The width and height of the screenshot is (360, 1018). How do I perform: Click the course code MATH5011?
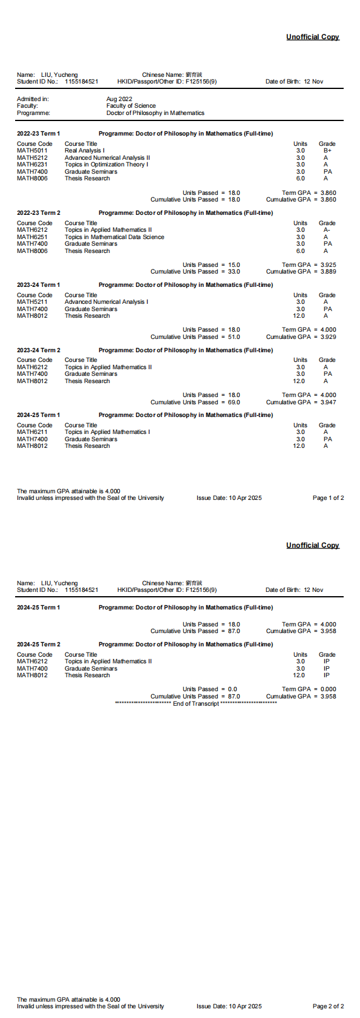pos(32,151)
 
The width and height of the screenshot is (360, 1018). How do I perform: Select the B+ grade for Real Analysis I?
pos(327,151)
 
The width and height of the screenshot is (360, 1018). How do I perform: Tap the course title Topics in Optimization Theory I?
pos(106,165)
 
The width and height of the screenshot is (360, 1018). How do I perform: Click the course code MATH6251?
pos(32,237)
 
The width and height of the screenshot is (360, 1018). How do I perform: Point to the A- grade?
pos(327,230)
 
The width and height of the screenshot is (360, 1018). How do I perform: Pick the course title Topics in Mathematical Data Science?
pos(114,237)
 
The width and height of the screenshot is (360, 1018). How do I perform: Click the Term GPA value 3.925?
pos(328,265)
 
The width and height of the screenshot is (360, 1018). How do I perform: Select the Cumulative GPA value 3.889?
pos(328,272)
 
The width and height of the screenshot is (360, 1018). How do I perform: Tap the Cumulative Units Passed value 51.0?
pos(234,337)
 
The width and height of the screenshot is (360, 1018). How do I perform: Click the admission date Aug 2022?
pos(119,99)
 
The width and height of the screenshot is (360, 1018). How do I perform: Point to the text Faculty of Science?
pos(131,106)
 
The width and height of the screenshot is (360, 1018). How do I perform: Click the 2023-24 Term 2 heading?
pos(39,350)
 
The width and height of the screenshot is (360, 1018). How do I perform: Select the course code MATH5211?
pos(32,302)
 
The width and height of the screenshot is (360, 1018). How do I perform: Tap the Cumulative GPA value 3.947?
pos(328,402)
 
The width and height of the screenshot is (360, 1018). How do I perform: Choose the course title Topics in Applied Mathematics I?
pos(107,432)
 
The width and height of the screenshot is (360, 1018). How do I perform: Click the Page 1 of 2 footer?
pos(328,498)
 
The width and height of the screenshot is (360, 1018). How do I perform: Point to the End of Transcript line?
pos(195,703)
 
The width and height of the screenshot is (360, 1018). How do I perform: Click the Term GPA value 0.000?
pos(328,689)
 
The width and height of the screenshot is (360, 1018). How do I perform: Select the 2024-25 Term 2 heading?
pos(39,645)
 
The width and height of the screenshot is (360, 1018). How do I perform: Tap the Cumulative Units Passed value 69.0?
pos(234,402)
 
